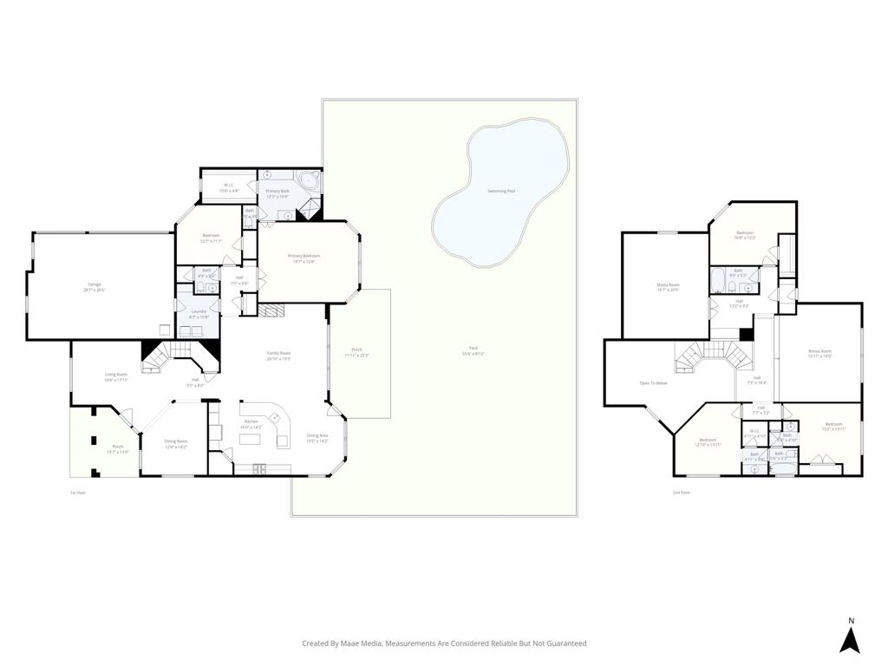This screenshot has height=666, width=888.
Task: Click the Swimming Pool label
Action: [501, 191]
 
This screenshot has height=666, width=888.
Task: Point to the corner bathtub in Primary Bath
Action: [309, 182]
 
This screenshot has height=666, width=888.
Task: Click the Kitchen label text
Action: [250, 421]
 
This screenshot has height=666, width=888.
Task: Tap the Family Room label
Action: [278, 353]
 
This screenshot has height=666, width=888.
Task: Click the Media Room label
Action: [667, 285]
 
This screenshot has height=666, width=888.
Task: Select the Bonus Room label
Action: [819, 351]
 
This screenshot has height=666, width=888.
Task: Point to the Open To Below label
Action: [653, 382]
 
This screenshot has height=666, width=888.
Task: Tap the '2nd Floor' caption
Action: [681, 493]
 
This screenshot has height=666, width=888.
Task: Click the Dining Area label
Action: [317, 435]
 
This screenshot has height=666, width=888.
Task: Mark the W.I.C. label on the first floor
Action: [229, 185]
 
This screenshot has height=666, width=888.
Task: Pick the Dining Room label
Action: [176, 441]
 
